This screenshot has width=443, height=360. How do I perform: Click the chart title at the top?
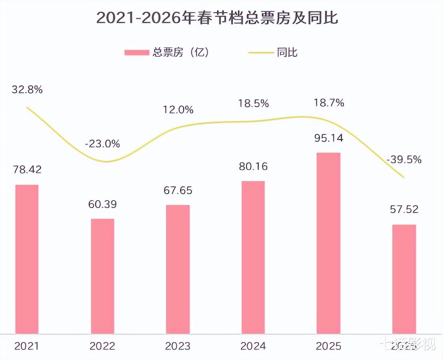click(x=217, y=18)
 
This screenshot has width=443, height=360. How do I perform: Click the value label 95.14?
click(x=329, y=138)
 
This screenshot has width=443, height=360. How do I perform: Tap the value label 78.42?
click(x=27, y=169)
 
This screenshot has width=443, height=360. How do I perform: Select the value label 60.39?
click(x=103, y=204)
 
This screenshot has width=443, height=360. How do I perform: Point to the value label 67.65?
click(x=178, y=190)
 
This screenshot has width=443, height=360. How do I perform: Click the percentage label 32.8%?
click(x=27, y=90)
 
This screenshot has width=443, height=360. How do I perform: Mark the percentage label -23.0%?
click(x=103, y=144)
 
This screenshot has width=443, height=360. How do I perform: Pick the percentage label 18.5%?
click(x=253, y=104)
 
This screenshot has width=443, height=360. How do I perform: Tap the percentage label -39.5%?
click(x=404, y=159)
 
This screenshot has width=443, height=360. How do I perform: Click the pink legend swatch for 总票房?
click(x=137, y=53)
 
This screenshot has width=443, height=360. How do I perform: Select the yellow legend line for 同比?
click(x=261, y=53)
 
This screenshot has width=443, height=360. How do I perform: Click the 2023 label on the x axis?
click(x=178, y=346)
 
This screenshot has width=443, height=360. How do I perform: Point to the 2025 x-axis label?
click(x=329, y=346)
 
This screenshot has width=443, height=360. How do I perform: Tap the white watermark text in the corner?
click(x=408, y=344)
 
